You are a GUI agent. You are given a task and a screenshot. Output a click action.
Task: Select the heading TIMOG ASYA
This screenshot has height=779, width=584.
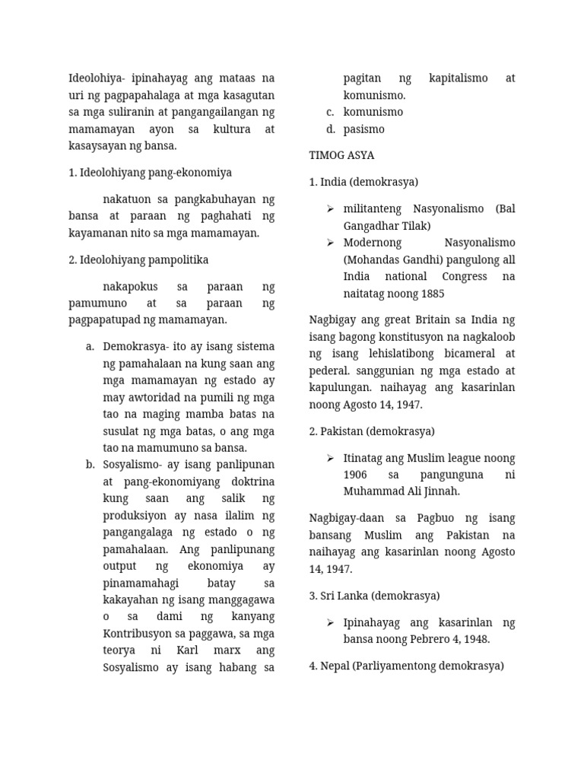click(341, 156)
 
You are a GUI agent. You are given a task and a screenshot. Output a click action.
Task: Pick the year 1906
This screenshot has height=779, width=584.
click(356, 475)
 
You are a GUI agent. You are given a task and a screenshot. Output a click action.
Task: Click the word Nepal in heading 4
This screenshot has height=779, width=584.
click(335, 666)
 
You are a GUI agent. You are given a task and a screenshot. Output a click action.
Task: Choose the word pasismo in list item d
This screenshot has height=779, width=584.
click(363, 129)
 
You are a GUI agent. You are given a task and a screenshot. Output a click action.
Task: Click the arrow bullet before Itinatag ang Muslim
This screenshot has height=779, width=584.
click(331, 458)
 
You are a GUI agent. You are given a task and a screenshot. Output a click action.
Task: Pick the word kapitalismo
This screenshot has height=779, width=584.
click(459, 78)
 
